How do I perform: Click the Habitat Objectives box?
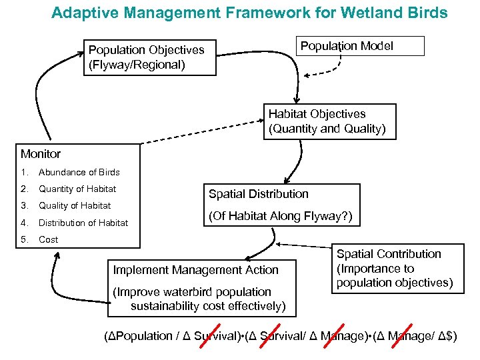[x=329, y=121]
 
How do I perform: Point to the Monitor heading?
[x=41, y=154]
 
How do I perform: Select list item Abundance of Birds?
[x=79, y=172]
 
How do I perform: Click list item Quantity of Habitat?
[x=77, y=189]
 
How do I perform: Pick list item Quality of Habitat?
[x=74, y=205]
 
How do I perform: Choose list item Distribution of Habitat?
[x=83, y=223]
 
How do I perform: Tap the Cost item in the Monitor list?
[x=48, y=239]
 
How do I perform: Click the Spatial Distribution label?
[x=259, y=194]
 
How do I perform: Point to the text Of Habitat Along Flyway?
[x=280, y=217]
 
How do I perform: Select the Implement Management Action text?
[x=195, y=270]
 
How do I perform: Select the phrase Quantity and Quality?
[x=327, y=129]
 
